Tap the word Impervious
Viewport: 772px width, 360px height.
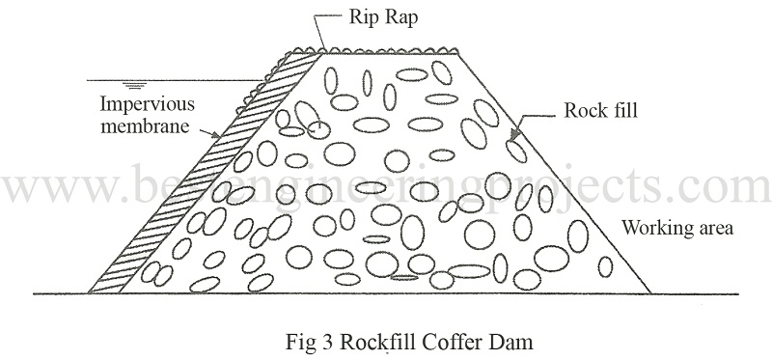click(148, 105)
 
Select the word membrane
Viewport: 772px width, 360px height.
click(146, 126)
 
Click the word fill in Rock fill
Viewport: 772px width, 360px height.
click(623, 110)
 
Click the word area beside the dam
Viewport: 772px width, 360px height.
click(715, 230)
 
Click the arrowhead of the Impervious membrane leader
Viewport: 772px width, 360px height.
click(216, 134)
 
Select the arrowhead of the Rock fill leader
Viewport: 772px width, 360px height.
click(514, 134)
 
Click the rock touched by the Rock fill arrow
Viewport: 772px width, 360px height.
click(516, 151)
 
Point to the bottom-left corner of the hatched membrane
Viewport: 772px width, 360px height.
click(89, 293)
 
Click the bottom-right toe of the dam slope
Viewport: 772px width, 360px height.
click(650, 293)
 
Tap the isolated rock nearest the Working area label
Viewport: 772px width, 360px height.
click(606, 267)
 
